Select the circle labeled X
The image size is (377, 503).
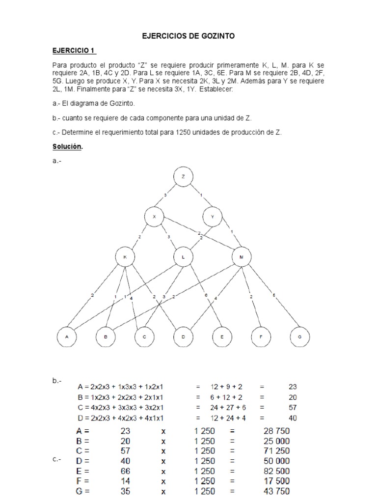[x=155, y=217]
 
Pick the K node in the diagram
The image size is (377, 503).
[x=125, y=257]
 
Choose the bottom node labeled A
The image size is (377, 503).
[x=67, y=337]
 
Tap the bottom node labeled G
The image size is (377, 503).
[x=299, y=337]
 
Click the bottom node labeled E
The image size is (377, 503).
[x=222, y=337]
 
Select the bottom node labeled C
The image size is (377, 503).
[x=144, y=337]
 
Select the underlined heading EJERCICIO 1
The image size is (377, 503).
[x=74, y=51]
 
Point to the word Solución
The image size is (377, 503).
[x=68, y=147]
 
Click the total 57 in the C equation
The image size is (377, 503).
[x=292, y=408]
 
